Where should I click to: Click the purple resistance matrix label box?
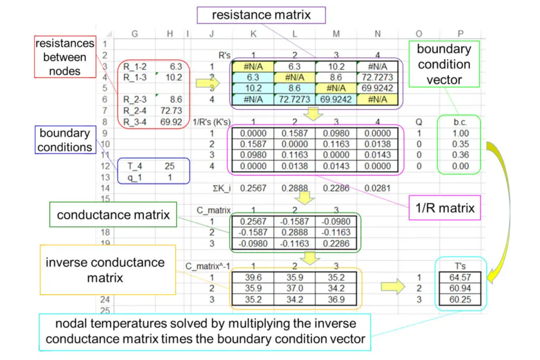(x=262, y=15)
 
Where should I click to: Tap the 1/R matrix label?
(x=448, y=208)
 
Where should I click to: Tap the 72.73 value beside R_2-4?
(x=172, y=110)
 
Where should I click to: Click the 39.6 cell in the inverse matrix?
(x=252, y=277)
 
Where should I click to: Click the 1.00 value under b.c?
(x=461, y=134)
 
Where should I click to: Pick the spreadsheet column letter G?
(x=134, y=33)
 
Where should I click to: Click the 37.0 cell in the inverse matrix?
(x=294, y=289)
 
